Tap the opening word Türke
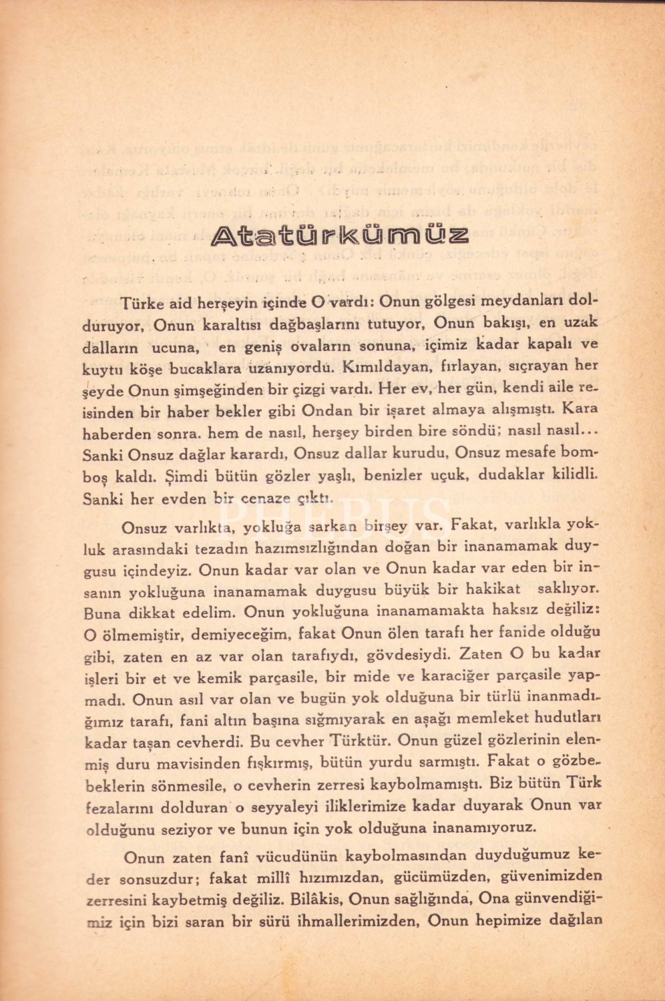[142, 304]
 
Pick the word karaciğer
[471, 675]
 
